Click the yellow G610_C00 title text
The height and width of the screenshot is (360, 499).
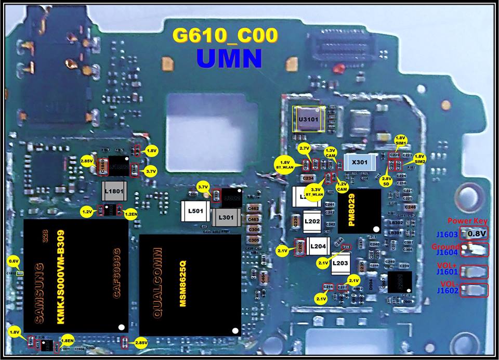tap(225, 36)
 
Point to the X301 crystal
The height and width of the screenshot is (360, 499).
tap(360, 162)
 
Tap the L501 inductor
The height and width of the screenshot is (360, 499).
tap(194, 213)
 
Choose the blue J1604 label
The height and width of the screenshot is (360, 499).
tap(447, 253)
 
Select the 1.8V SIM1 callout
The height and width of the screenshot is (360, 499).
tap(401, 140)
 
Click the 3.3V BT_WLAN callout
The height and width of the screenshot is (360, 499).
tap(314, 191)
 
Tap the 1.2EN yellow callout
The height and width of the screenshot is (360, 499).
tap(131, 212)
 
